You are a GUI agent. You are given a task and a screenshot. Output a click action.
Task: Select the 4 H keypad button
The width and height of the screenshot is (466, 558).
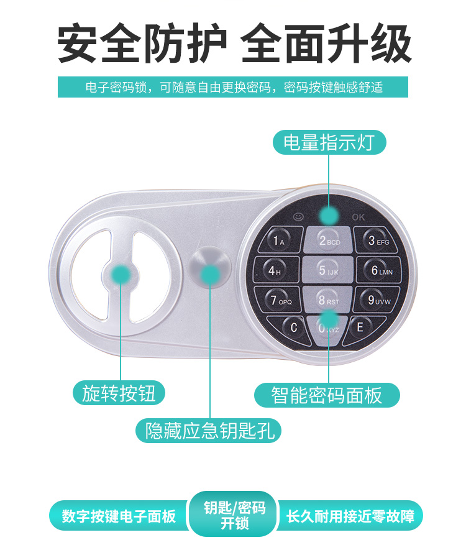(276, 270)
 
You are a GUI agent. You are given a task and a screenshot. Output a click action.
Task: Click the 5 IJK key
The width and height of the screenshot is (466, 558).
(327, 270)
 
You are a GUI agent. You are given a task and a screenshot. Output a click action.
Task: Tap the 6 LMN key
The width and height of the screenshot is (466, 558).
(379, 270)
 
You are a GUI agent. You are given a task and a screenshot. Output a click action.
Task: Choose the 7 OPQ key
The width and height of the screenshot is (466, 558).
(279, 300)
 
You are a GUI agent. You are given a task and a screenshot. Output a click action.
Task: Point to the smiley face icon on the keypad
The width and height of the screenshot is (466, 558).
(298, 216)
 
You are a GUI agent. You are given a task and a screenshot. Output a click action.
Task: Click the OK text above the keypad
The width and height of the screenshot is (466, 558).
(359, 217)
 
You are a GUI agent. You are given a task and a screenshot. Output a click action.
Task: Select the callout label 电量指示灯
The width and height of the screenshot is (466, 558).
(329, 142)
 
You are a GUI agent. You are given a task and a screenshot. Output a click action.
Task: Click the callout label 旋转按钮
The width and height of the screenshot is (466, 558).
(119, 393)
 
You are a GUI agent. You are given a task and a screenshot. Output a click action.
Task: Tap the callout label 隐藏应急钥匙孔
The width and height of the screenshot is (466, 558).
(208, 431)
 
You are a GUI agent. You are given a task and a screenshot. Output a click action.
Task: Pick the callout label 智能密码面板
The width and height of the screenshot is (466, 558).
(327, 395)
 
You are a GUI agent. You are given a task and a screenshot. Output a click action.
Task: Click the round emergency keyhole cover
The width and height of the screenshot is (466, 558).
(209, 268)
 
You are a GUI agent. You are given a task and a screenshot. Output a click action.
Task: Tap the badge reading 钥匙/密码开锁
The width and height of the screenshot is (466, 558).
(234, 515)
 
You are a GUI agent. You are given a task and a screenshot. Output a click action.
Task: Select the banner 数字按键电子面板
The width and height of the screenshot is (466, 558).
(119, 516)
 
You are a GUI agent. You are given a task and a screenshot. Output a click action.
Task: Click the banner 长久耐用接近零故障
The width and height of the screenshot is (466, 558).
(350, 516)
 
